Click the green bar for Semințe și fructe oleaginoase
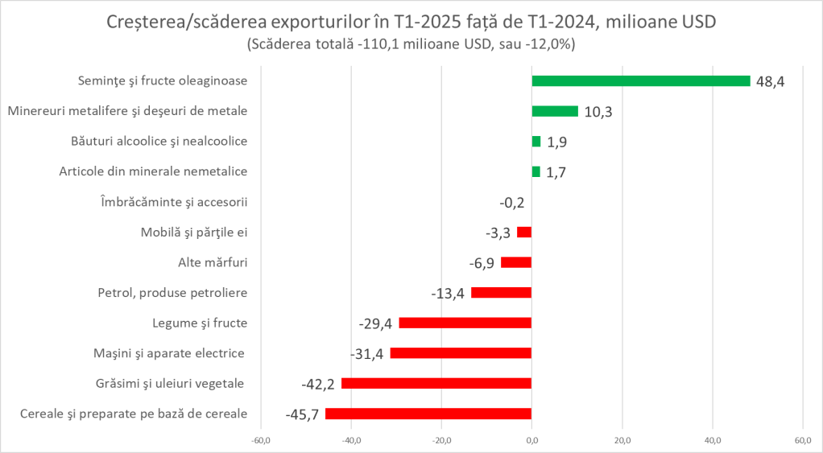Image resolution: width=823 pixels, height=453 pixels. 640,81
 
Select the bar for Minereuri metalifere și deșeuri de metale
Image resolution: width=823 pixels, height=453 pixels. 555,111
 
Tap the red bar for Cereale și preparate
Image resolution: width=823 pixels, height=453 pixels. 428,414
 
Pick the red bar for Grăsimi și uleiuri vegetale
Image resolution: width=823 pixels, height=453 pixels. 436,383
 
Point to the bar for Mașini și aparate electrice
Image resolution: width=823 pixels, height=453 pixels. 461,353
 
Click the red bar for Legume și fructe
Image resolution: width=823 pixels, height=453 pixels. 465,323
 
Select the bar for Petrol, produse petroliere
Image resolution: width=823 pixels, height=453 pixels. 501,293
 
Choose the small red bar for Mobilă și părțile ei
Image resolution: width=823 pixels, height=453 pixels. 524,232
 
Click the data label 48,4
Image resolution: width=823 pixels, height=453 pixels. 770,82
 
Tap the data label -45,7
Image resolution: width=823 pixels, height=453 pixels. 303,415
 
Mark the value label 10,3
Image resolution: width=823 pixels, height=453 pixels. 598,112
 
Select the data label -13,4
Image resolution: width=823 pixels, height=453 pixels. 448,294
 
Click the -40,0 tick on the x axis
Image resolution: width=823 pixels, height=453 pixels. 351,440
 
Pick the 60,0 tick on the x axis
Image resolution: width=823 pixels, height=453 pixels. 802,440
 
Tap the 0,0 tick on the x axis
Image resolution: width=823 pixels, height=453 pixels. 531,440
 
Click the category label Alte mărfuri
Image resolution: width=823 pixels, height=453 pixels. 212,262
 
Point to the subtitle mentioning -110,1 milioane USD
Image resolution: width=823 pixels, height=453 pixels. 411,45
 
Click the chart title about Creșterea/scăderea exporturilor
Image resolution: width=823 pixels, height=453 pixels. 411,23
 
